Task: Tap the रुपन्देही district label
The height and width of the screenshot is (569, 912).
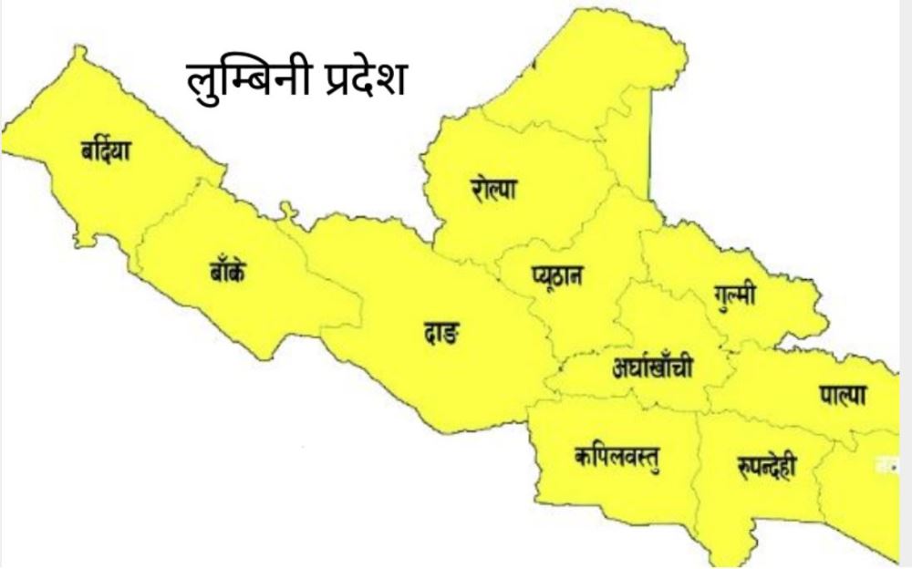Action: (765, 467)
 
